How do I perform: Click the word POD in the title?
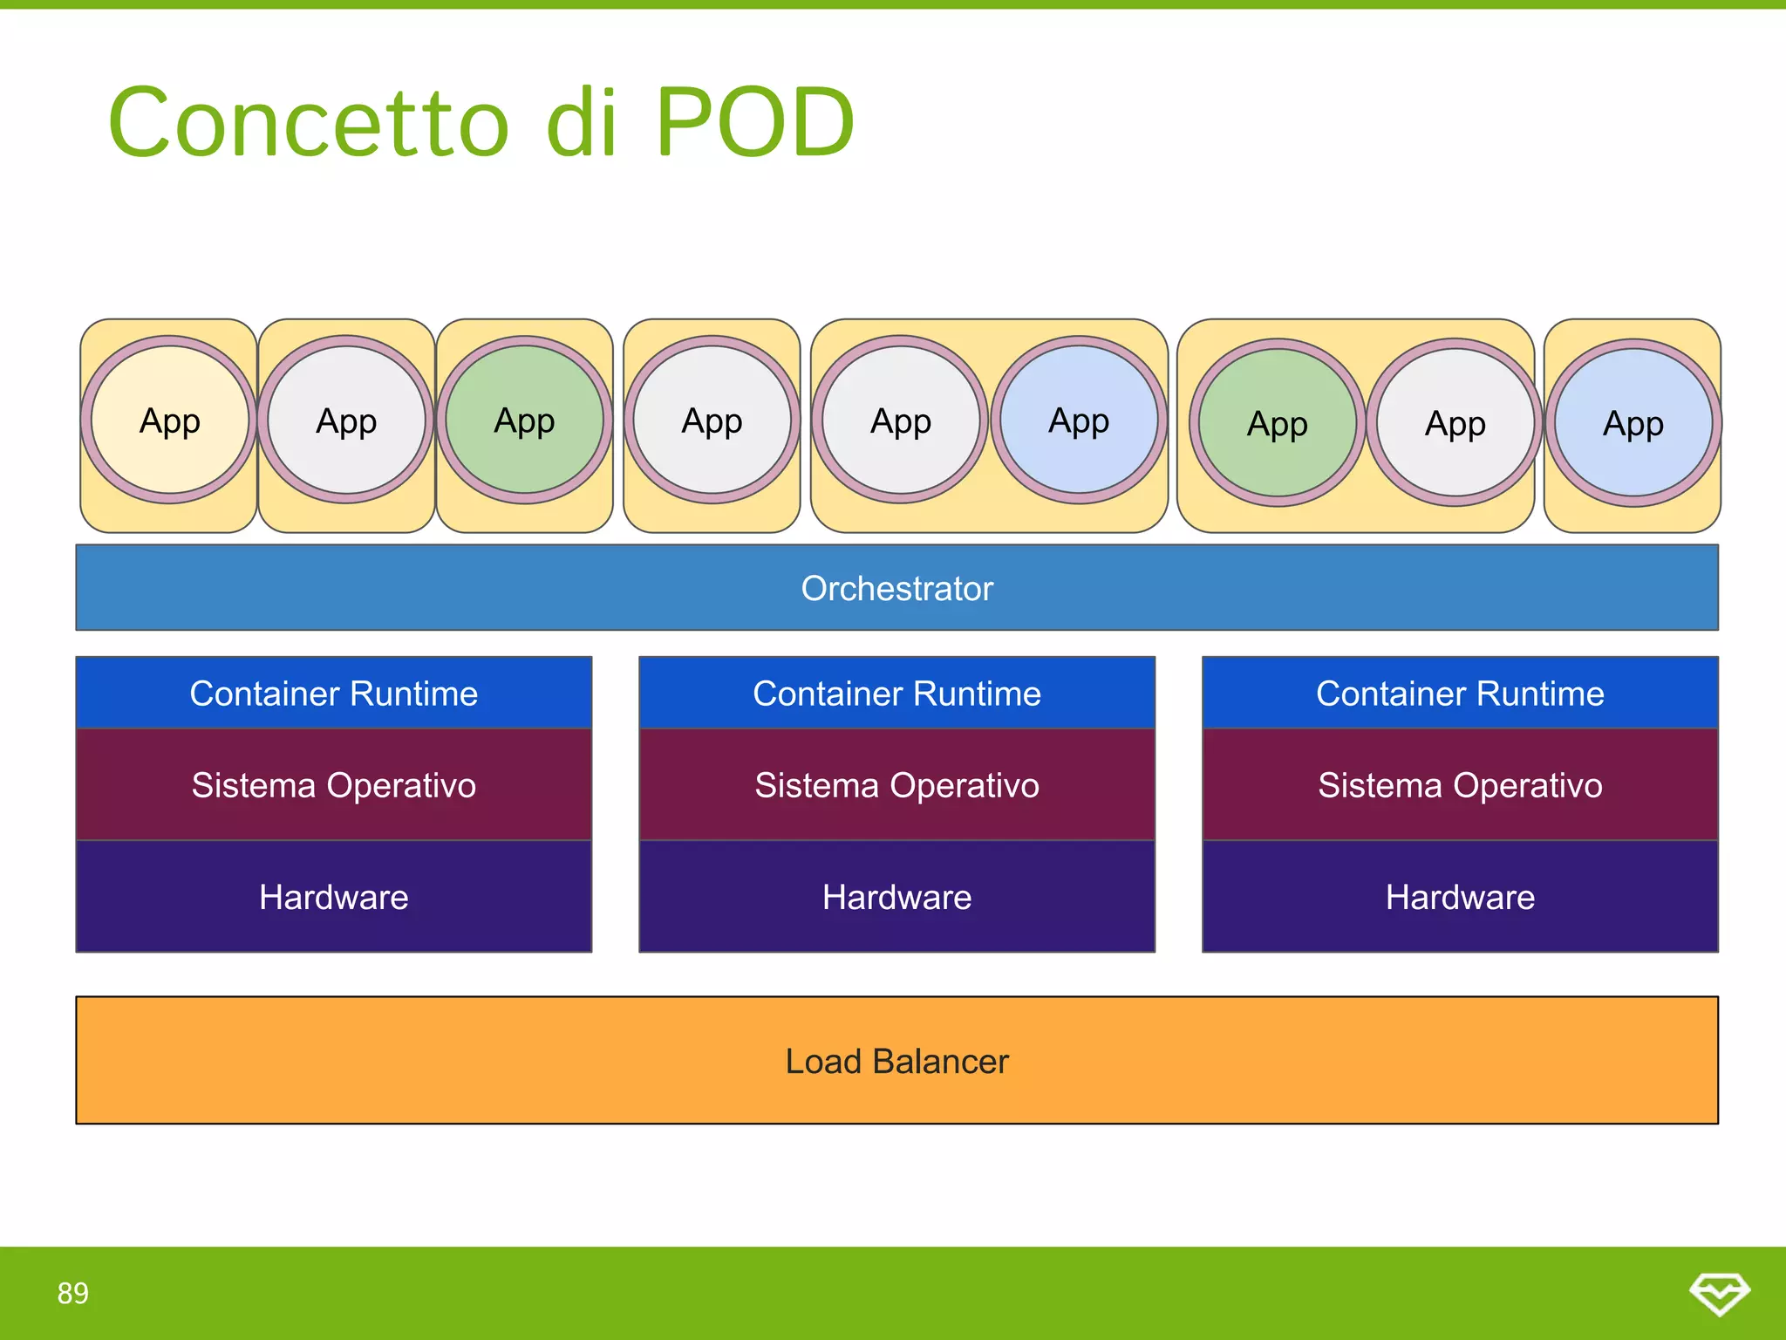click(x=754, y=122)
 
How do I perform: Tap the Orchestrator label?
click(x=896, y=589)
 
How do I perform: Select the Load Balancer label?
click(x=896, y=1061)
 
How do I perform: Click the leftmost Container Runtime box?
click(x=333, y=694)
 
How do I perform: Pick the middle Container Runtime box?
click(x=896, y=694)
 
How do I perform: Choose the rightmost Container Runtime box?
click(x=1460, y=694)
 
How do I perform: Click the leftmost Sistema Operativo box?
click(x=333, y=785)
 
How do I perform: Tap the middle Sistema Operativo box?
click(x=896, y=785)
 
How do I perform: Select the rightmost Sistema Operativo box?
click(x=1460, y=785)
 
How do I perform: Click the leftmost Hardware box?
click(x=333, y=897)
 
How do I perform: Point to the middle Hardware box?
click(x=896, y=897)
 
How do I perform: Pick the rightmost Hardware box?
click(x=1460, y=897)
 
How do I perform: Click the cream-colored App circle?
click(x=169, y=420)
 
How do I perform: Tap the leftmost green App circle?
click(x=524, y=420)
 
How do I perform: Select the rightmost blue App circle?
click(x=1633, y=424)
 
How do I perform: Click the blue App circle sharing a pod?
click(x=1079, y=420)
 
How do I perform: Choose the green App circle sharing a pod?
click(x=1277, y=424)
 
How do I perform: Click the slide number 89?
click(x=73, y=1293)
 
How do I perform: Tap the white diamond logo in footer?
click(x=1719, y=1293)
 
